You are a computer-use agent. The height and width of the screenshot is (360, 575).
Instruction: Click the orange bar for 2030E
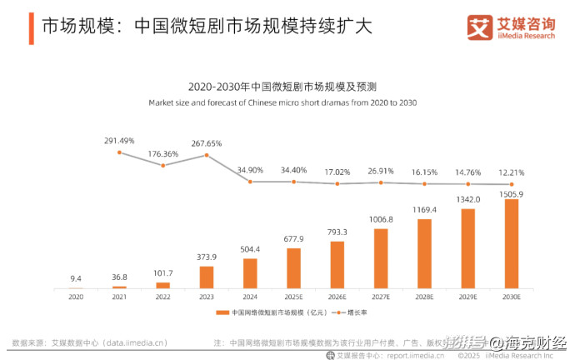pyautogui.click(x=512, y=243)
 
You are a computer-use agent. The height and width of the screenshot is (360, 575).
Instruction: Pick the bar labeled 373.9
pyautogui.click(x=207, y=277)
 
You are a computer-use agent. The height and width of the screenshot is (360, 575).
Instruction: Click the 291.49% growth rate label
pyautogui.click(x=119, y=141)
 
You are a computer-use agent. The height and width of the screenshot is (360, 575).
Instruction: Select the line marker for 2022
pyautogui.click(x=163, y=165)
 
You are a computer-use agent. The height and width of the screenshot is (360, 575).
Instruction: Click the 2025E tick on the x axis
pyautogui.click(x=294, y=297)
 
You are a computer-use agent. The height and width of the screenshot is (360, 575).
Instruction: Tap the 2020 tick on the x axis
pyautogui.click(x=76, y=297)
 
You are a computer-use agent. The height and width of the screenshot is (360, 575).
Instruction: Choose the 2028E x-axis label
pyautogui.click(x=425, y=297)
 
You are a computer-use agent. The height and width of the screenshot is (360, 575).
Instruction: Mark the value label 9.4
pyautogui.click(x=76, y=279)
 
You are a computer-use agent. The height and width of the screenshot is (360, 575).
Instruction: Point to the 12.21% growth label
pyautogui.click(x=512, y=172)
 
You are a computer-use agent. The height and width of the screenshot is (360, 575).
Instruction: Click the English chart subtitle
pyautogui.click(x=282, y=103)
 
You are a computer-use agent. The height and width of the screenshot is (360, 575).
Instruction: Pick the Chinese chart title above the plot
pyautogui.click(x=282, y=87)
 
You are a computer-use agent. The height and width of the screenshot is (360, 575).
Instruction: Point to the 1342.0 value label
pyautogui.click(x=468, y=201)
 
